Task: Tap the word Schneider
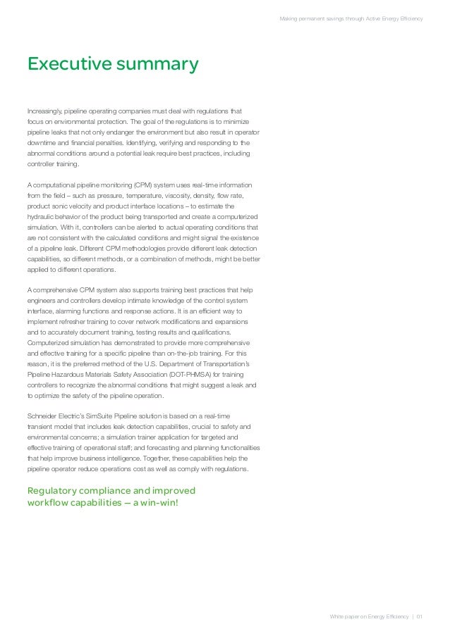44,416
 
